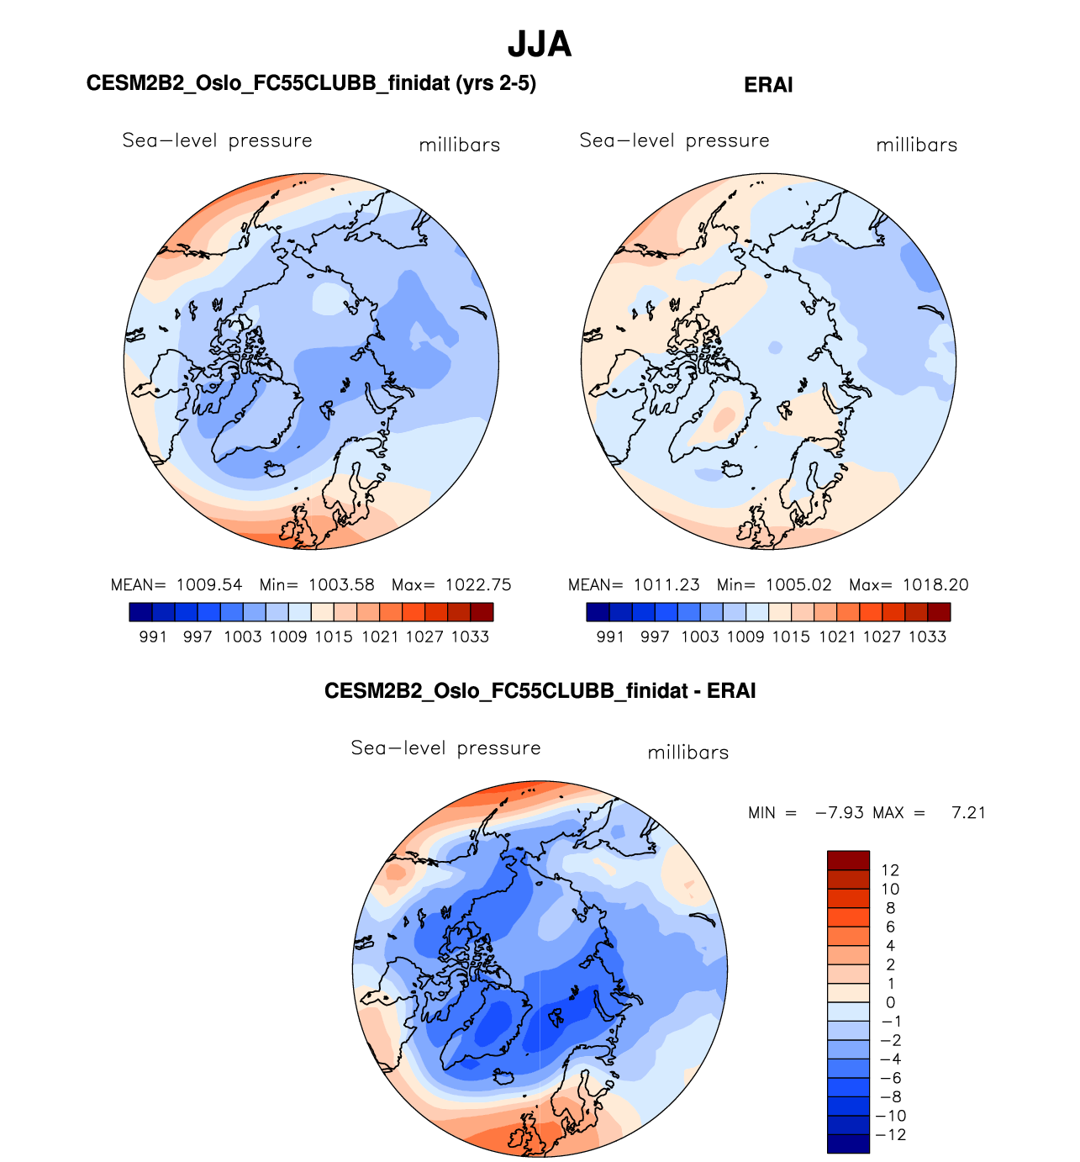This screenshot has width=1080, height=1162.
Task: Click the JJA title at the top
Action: [x=540, y=45]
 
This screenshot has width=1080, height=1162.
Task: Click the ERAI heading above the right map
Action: [x=768, y=85]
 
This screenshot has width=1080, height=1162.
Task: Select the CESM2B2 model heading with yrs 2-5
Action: [x=311, y=83]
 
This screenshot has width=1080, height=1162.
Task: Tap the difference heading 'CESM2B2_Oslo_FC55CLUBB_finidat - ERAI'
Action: [x=540, y=691]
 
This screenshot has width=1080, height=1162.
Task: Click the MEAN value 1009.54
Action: [x=209, y=585]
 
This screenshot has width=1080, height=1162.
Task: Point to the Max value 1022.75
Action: [x=478, y=585]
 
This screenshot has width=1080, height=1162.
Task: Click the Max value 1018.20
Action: [x=935, y=585]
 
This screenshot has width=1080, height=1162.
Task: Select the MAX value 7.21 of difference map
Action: [x=968, y=813]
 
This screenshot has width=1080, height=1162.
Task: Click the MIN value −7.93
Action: [x=839, y=813]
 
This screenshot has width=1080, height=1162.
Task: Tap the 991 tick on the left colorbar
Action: [x=153, y=637]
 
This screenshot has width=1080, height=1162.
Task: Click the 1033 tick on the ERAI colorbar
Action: [x=927, y=637]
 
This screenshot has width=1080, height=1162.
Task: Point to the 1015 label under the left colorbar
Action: [x=334, y=637]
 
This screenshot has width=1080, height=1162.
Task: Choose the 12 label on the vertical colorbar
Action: [x=890, y=870]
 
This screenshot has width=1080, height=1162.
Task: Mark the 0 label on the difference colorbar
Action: [x=890, y=1002]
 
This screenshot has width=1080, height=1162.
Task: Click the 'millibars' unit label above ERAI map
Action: [x=916, y=145]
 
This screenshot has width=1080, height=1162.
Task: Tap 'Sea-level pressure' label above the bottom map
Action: [x=445, y=748]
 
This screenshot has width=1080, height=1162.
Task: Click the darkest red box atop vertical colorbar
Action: [x=848, y=860]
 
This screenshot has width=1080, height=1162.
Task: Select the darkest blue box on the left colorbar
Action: [x=141, y=612]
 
